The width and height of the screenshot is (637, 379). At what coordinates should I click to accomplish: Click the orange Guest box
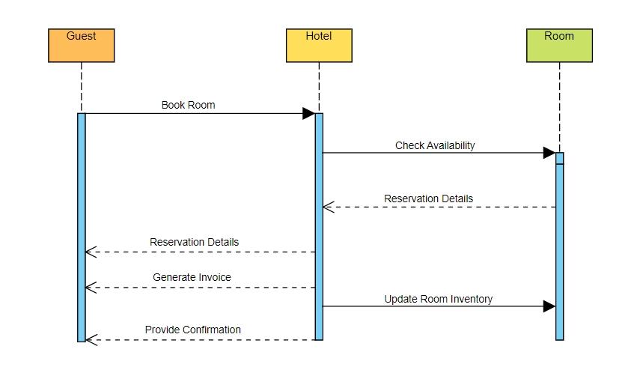(81, 46)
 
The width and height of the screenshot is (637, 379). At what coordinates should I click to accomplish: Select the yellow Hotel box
(319, 46)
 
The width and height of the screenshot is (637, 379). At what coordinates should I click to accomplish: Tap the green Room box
(559, 46)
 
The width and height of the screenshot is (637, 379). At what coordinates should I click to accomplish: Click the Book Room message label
(188, 105)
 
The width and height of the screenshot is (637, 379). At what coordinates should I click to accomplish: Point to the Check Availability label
(435, 145)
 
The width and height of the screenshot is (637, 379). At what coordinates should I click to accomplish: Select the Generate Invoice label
(192, 277)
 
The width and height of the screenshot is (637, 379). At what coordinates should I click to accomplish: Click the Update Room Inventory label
(439, 299)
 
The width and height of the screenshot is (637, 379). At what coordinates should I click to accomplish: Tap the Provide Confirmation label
(193, 330)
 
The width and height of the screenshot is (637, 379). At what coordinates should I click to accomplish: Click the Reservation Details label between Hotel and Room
(428, 198)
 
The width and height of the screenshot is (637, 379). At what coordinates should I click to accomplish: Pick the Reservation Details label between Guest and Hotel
(194, 242)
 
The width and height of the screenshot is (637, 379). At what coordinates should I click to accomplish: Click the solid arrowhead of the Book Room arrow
(308, 114)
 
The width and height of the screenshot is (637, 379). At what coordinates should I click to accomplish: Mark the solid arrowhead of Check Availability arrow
(549, 153)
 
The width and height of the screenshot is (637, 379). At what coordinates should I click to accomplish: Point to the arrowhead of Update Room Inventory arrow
(549, 306)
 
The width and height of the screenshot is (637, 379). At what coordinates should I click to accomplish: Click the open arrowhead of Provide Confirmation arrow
(91, 340)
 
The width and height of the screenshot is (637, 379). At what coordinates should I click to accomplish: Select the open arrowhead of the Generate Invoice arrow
(91, 288)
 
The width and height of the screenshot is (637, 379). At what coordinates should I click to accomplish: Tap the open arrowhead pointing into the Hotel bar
(329, 207)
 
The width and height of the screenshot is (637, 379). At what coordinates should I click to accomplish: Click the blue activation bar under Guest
(82, 225)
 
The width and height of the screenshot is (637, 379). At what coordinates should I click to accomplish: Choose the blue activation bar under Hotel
(319, 225)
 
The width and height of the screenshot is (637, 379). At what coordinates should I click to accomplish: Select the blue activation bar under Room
(559, 247)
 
